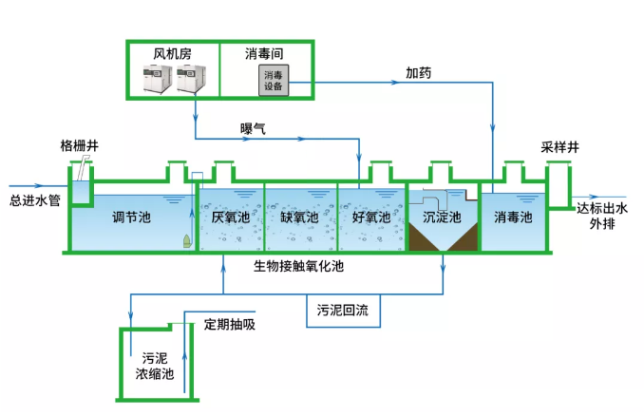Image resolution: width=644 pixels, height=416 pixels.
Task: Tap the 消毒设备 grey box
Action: [273, 81]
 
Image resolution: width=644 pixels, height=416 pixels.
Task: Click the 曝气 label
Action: [253, 128]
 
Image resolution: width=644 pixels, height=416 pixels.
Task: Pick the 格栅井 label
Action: [79, 145]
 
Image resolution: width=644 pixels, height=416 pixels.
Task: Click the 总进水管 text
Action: [35, 200]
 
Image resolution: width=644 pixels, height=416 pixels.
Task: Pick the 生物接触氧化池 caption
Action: [298, 266]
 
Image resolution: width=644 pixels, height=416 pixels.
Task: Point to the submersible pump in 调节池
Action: [185, 241]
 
